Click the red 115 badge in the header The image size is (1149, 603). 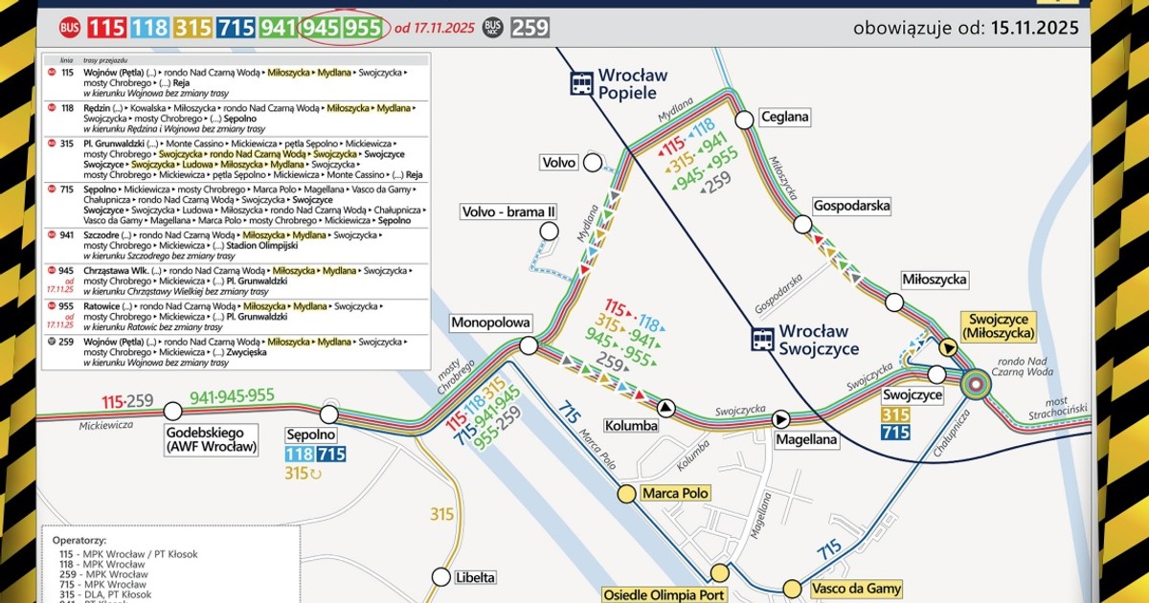tap(106, 27)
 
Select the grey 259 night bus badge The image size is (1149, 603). tap(529, 27)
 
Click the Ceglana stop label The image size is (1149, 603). tap(785, 117)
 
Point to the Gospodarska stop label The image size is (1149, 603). tap(851, 206)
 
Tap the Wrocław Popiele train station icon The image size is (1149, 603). tap(581, 83)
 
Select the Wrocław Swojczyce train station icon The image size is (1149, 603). tap(763, 339)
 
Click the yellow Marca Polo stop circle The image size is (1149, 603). tap(626, 494)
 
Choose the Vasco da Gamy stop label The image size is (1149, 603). tap(856, 589)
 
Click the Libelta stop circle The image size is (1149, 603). tap(440, 577)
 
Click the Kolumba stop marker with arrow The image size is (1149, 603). tap(665, 409)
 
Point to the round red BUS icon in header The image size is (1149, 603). tap(69, 27)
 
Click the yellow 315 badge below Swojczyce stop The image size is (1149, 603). tap(895, 414)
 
